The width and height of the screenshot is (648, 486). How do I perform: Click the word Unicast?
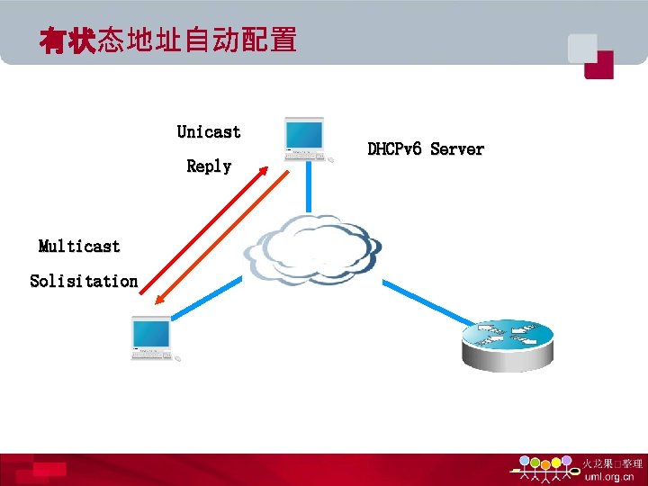click(x=209, y=132)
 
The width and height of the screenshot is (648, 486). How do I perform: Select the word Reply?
click(x=209, y=166)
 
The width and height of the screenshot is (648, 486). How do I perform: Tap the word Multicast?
click(x=79, y=247)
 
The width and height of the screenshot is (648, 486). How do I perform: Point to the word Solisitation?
click(x=84, y=281)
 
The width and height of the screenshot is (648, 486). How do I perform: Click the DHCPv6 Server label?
click(x=426, y=149)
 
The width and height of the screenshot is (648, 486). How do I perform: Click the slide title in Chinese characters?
click(x=167, y=40)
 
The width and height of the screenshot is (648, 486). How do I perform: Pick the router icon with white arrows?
click(x=508, y=343)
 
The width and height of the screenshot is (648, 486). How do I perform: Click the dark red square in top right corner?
click(x=598, y=65)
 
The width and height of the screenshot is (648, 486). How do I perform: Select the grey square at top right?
click(x=581, y=48)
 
